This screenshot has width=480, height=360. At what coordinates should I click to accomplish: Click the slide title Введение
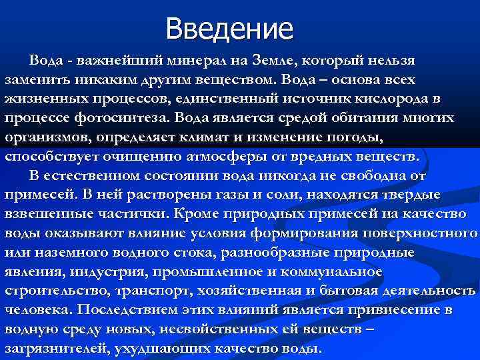click(x=229, y=29)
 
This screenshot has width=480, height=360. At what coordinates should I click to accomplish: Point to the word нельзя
click(x=390, y=61)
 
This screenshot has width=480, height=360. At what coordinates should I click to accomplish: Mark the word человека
click(x=37, y=311)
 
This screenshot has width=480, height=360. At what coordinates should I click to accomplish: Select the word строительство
click(x=55, y=291)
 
